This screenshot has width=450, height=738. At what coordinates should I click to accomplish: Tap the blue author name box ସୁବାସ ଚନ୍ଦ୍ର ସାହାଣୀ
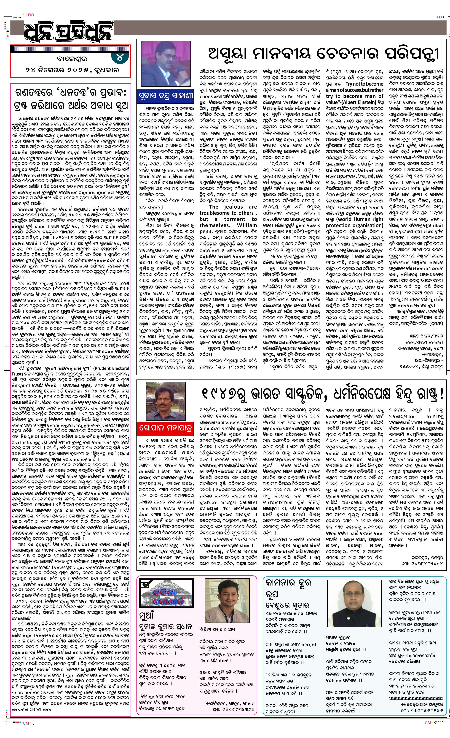point(166,96)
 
